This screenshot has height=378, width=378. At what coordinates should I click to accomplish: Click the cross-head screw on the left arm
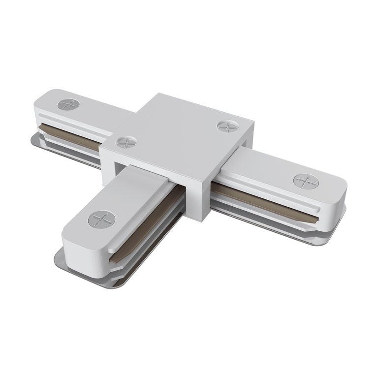[x=68, y=105]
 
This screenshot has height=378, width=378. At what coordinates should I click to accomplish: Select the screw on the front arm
[x=101, y=218]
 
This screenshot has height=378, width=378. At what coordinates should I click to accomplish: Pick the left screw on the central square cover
[x=123, y=142]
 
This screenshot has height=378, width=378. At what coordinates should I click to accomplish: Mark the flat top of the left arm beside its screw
[x=98, y=111]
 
